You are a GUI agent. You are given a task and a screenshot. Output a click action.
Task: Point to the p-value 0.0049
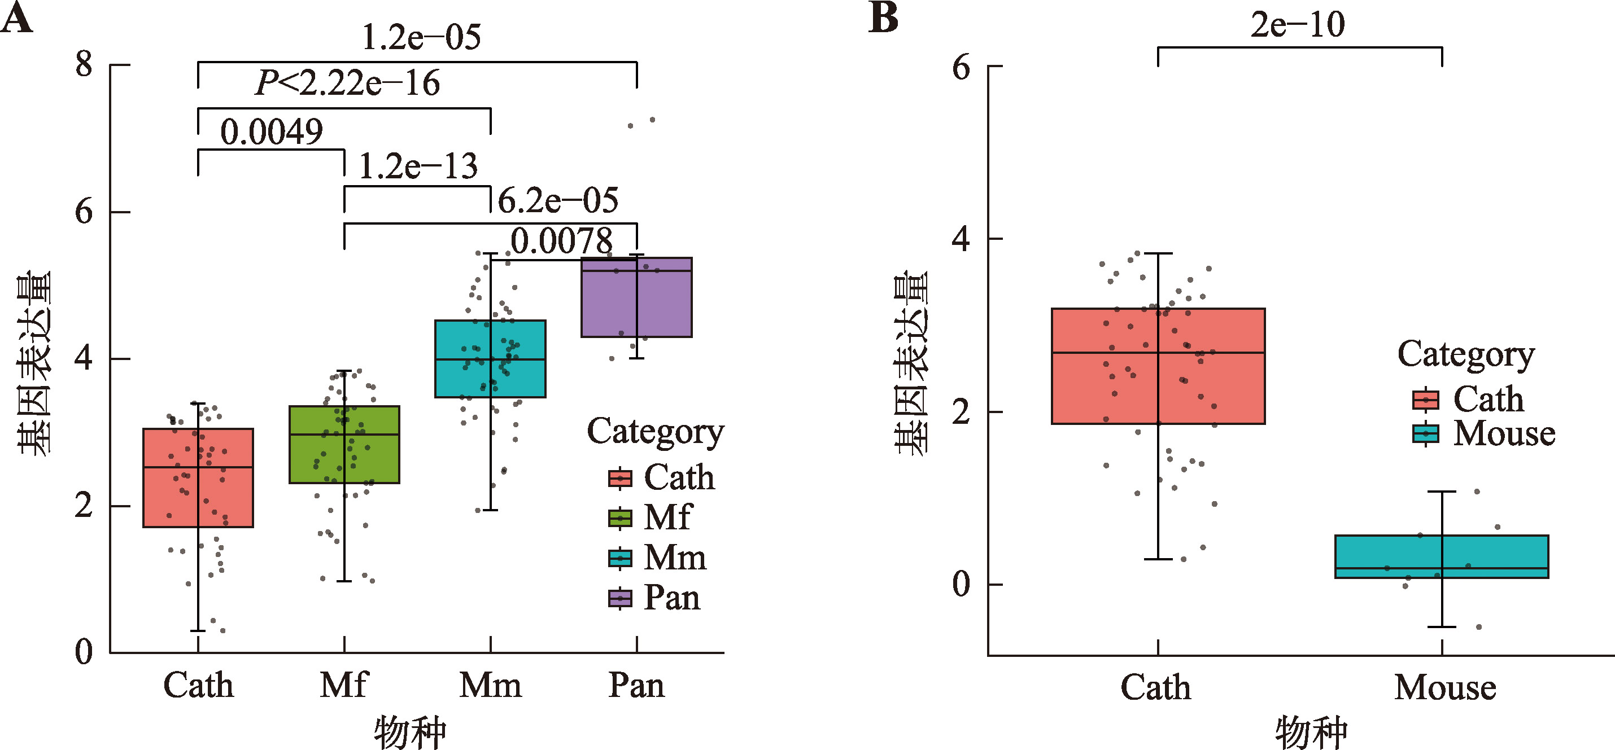coord(272,132)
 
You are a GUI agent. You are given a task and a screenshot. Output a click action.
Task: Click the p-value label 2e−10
coord(1297,25)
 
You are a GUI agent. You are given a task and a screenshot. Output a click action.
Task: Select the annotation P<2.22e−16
coord(347,84)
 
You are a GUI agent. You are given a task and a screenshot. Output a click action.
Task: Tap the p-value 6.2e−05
coord(558,200)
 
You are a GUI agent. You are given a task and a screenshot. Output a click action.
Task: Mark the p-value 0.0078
coord(561,241)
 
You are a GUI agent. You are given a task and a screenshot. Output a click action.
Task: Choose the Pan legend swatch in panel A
coord(620,598)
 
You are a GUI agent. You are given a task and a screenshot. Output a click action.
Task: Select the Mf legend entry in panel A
coord(667,518)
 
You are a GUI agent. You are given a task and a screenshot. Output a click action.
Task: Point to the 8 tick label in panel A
coord(84,64)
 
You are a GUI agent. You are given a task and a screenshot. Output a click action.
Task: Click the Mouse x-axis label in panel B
coord(1444,687)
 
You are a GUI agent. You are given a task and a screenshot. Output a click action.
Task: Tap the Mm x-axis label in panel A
coord(490,685)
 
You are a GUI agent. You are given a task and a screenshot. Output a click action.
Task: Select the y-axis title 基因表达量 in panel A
coord(34,363)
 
